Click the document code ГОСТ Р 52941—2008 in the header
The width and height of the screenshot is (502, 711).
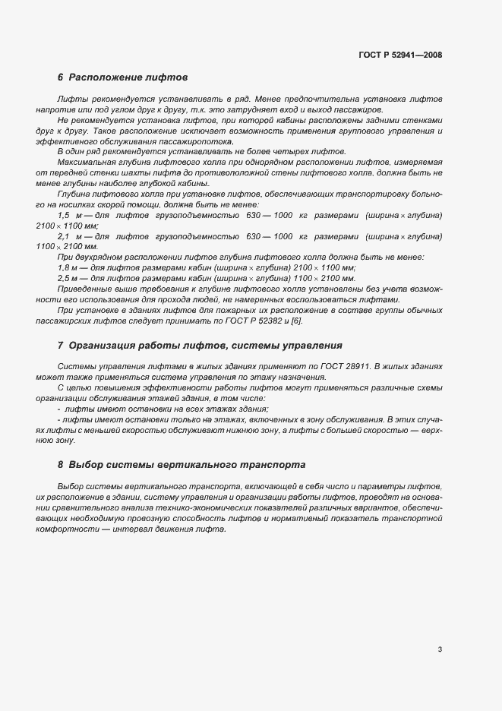399,55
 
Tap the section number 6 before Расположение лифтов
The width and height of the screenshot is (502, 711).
61,77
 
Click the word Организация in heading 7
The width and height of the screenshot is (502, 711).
103,345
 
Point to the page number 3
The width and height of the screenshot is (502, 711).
440,649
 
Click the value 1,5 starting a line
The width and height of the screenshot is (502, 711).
64,216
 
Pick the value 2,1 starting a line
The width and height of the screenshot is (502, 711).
64,236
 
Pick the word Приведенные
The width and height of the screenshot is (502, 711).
84,289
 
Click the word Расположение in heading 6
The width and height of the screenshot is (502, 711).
104,77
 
